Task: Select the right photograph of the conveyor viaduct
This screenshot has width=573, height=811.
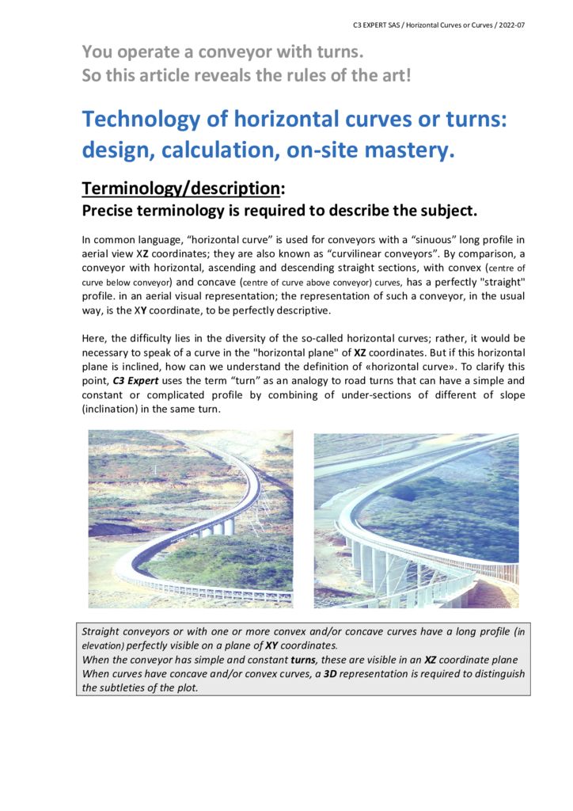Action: click(x=416, y=520)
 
